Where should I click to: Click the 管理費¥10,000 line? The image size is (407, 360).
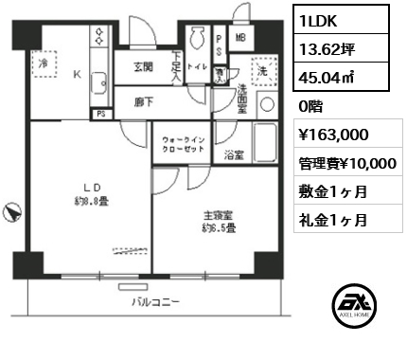345,163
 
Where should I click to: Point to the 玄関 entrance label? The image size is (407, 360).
142,66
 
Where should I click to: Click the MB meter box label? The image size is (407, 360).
240,38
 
